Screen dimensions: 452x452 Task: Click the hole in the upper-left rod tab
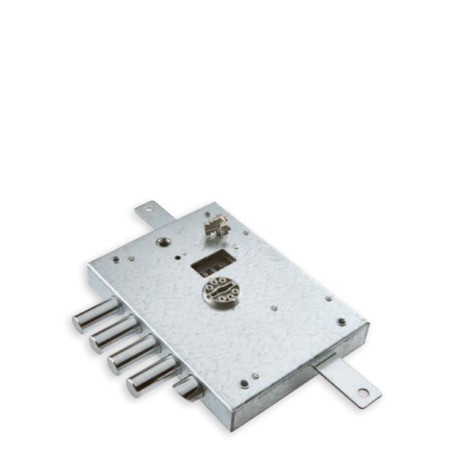[x=146, y=209]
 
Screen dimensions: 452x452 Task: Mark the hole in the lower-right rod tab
[x=362, y=392]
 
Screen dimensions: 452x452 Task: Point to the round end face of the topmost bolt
[x=79, y=322]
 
